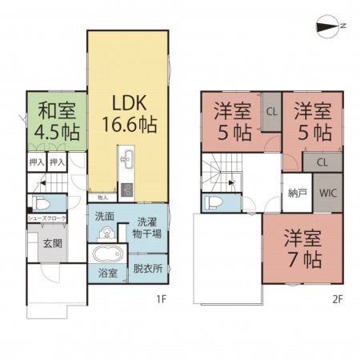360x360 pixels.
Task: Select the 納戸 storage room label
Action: pyautogui.click(x=295, y=194)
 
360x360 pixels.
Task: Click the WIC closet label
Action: pyautogui.click(x=327, y=194)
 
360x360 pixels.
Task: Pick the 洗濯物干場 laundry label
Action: pyautogui.click(x=148, y=228)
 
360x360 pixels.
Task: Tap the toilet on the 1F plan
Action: pyautogui.click(x=38, y=202)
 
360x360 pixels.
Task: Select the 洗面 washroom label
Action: pyautogui.click(x=105, y=216)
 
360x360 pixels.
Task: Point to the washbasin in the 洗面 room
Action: pyautogui.click(x=104, y=233)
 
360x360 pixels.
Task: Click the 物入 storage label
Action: pyautogui.click(x=102, y=197)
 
